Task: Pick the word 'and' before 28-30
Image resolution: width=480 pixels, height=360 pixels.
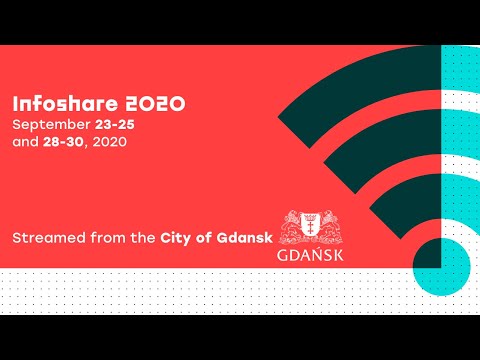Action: tap(24, 142)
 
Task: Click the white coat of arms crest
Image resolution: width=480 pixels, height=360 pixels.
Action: tap(305, 227)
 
